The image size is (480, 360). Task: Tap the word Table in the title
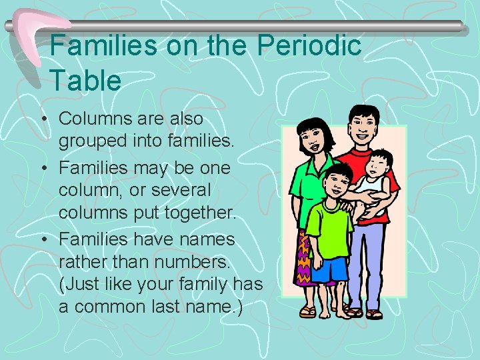click(x=85, y=81)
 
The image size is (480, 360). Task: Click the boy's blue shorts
click(x=330, y=268)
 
